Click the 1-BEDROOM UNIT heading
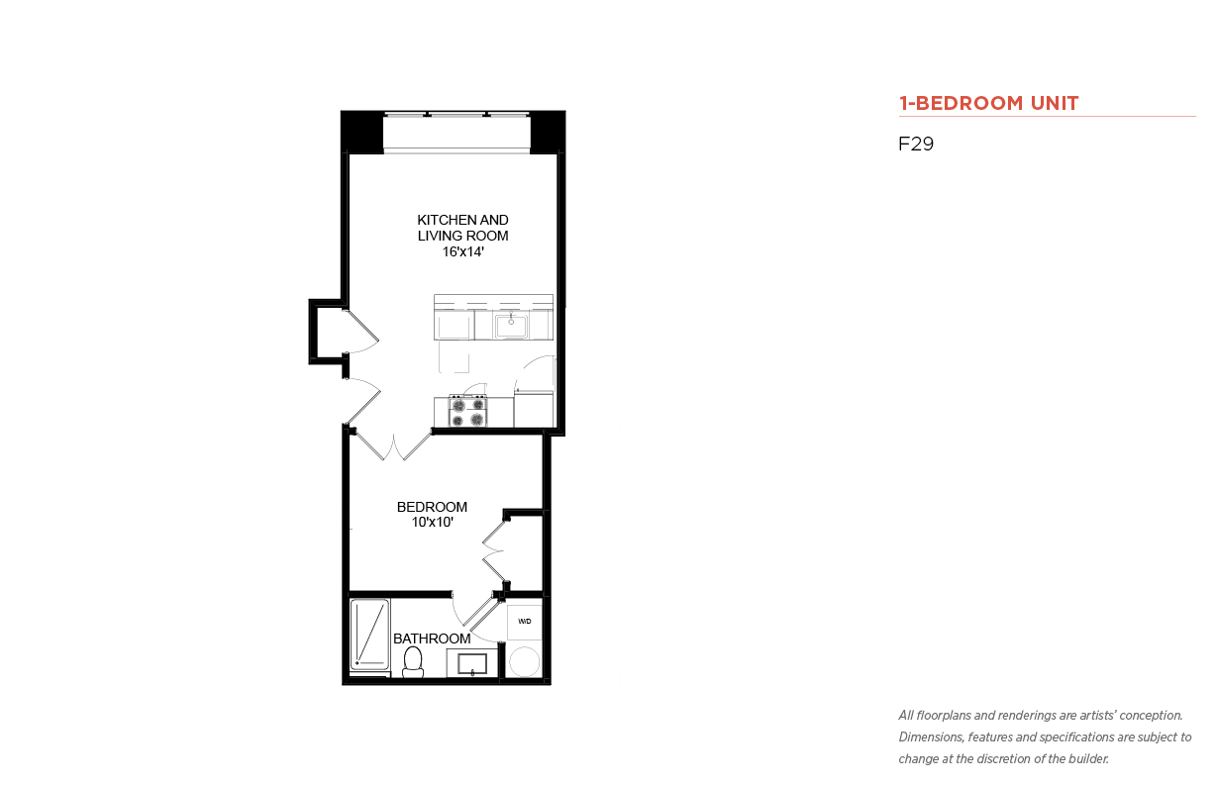tap(988, 103)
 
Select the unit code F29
tap(916, 144)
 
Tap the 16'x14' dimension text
tap(462, 251)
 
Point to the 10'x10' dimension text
tap(432, 523)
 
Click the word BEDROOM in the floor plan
tap(432, 507)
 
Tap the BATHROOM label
tap(432, 639)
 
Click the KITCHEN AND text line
tap(462, 220)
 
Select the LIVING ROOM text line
tap(462, 236)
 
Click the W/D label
tap(525, 622)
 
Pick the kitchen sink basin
tap(511, 325)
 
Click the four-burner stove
tap(467, 412)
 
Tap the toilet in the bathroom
tap(413, 662)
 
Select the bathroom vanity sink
tap(471, 664)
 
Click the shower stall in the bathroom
tap(369, 635)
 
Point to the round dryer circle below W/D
tap(525, 662)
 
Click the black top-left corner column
tap(362, 133)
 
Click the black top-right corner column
tap(548, 133)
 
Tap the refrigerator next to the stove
tap(534, 409)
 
